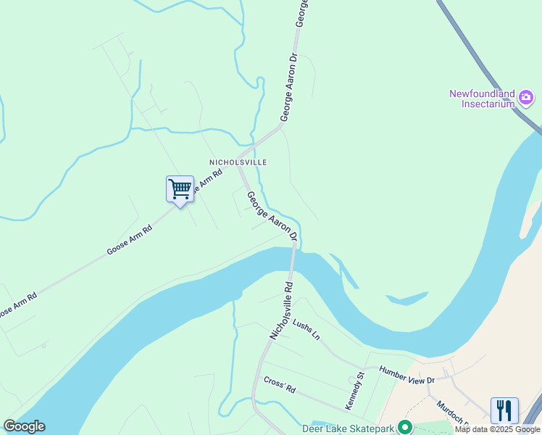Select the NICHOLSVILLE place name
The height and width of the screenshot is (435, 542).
pos(238,162)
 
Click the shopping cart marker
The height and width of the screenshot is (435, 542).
pos(180,190)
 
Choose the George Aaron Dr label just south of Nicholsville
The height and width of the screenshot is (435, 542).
pos(272,216)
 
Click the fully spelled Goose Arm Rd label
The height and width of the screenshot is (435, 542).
pos(129,240)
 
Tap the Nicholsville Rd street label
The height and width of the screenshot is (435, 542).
pos(281,310)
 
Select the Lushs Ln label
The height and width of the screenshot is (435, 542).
pos(306,330)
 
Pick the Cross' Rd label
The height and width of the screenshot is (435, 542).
pos(280,384)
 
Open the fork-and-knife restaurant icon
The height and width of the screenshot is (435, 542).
pos(504,410)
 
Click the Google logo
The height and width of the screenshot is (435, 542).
pos(24,426)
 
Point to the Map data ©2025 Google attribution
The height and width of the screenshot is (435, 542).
pos(498,429)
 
